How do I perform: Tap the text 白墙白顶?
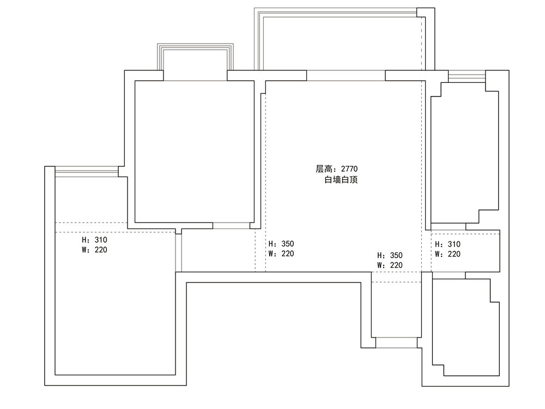pyautogui.click(x=341, y=180)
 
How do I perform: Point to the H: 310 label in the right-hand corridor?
pyautogui.click(x=447, y=244)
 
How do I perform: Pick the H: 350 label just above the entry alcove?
pyautogui.click(x=390, y=255)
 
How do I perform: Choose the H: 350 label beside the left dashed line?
pyautogui.click(x=281, y=244)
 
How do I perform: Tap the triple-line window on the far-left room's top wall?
pyautogui.click(x=86, y=171)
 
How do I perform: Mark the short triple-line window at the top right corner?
pyautogui.click(x=466, y=76)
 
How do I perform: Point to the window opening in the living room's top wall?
pyautogui.click(x=346, y=75)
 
